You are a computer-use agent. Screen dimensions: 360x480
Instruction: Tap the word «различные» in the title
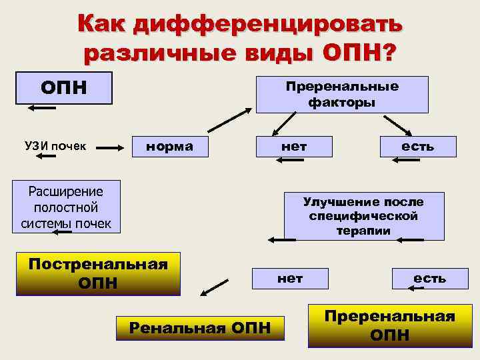157,52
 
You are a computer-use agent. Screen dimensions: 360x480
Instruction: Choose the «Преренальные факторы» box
342,94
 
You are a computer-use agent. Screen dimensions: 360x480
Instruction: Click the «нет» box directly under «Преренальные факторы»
294,146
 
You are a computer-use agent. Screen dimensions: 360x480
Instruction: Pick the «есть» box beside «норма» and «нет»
418,146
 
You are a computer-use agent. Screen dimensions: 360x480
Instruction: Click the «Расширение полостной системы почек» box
66,207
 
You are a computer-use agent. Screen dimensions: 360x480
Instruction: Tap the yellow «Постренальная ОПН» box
97,273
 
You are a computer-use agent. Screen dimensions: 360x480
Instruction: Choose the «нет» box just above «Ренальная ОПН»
290,279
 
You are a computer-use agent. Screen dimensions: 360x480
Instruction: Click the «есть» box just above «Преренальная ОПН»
429,278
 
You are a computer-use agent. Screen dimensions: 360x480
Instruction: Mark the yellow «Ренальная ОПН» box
199,328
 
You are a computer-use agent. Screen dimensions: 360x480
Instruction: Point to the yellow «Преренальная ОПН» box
389,325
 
